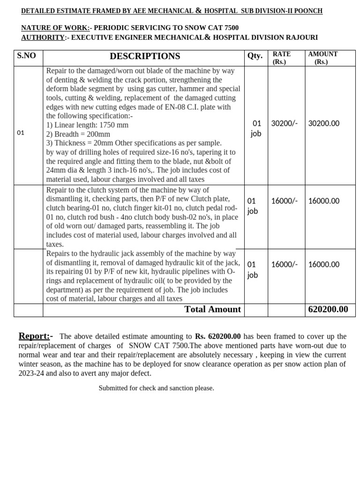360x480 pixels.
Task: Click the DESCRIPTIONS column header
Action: pyautogui.click(x=144, y=56)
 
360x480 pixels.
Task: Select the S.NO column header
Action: pyautogui.click(x=26, y=56)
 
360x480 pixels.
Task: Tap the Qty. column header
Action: pyautogui.click(x=255, y=56)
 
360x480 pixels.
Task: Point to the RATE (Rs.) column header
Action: pyautogui.click(x=281, y=58)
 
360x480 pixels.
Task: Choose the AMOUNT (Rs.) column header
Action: pyautogui.click(x=322, y=58)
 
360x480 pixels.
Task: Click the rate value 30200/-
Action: pyautogui.click(x=285, y=123)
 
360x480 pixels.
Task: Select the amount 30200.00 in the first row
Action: pyautogui.click(x=324, y=123)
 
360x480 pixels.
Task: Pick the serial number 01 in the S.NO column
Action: pyautogui.click(x=20, y=133)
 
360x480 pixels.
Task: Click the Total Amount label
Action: pyautogui.click(x=212, y=309)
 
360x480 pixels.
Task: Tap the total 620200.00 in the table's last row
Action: pyautogui.click(x=328, y=309)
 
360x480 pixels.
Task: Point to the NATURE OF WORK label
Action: pyautogui.click(x=55, y=28)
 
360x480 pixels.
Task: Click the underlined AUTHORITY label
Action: pyautogui.click(x=43, y=37)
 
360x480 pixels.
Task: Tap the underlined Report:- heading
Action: pyautogui.click(x=36, y=336)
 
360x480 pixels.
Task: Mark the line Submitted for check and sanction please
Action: pyautogui.click(x=156, y=388)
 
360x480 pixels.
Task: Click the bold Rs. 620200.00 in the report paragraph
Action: pyautogui.click(x=217, y=337)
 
